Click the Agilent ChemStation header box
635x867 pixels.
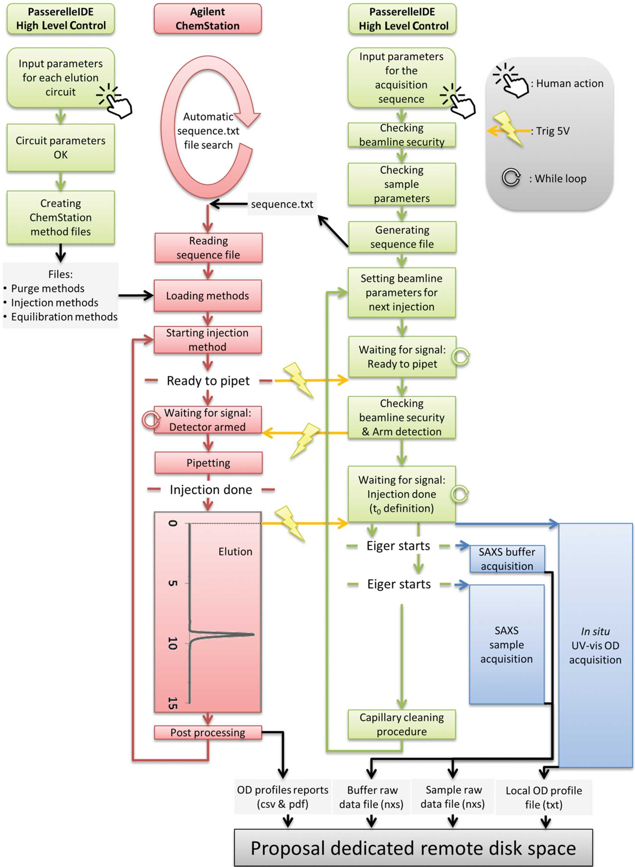tap(207, 18)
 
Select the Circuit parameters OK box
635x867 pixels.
tap(61, 147)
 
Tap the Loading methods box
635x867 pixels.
tap(207, 295)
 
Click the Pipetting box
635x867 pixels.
tap(208, 463)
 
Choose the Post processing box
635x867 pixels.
tap(208, 733)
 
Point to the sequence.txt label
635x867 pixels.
tap(282, 204)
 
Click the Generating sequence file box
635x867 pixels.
tap(402, 237)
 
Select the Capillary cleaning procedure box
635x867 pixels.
tap(402, 724)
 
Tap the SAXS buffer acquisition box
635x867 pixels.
tap(507, 559)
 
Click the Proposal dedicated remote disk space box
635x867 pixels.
tap(413, 848)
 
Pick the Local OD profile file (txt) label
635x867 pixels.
tap(544, 797)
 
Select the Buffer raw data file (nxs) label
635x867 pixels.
tap(371, 797)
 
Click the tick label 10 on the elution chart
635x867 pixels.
tap(173, 643)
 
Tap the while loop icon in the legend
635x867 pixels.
tap(511, 177)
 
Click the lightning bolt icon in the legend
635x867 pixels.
tap(507, 128)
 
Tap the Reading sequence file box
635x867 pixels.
tap(208, 248)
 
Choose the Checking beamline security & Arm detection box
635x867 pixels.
tap(402, 417)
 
